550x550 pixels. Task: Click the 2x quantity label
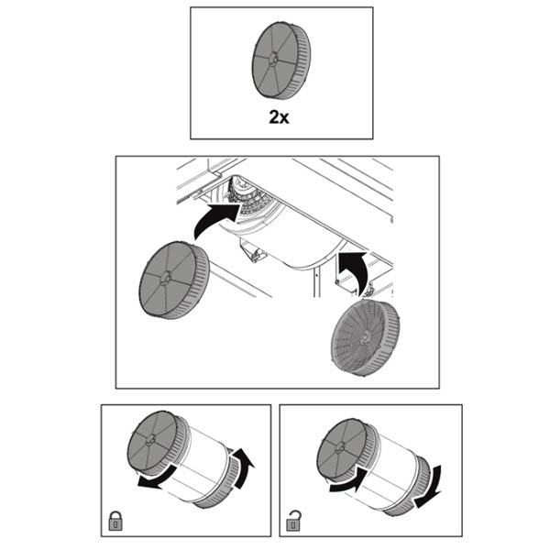[279, 117]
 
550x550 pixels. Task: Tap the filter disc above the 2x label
[281, 60]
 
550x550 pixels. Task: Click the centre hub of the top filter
[273, 60]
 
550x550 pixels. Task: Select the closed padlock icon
[115, 521]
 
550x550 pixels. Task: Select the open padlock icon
[294, 521]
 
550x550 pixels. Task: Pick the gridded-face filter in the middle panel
[365, 337]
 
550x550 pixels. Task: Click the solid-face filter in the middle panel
[174, 280]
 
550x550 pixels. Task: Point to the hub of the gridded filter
[365, 336]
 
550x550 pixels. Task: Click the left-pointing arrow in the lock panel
[157, 477]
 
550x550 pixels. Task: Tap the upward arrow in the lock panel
[243, 467]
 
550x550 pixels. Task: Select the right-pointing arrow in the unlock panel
[349, 480]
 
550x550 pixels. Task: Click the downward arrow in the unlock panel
[429, 488]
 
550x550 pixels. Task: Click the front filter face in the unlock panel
[340, 448]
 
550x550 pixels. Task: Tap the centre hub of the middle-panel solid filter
[165, 280]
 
